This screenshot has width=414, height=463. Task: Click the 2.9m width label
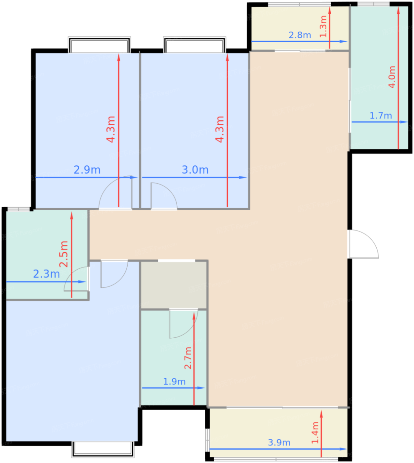(87, 170)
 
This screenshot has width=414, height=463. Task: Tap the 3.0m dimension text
(195, 170)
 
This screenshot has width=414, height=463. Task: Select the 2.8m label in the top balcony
(300, 35)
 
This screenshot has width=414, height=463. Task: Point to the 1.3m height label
(323, 26)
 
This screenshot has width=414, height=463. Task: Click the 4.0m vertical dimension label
(392, 77)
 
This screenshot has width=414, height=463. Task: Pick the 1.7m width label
(381, 116)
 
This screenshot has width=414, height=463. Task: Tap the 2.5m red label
(64, 254)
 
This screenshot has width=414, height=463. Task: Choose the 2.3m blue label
(46, 274)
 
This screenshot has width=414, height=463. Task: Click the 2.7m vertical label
(188, 358)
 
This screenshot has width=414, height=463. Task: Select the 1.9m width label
(174, 381)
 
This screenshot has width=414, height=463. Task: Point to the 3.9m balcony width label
(279, 442)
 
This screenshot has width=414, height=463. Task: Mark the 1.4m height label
(315, 433)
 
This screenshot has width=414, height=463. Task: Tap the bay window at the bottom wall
(103, 449)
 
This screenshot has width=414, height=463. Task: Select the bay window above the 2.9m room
(100, 45)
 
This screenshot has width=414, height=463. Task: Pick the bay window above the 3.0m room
(195, 45)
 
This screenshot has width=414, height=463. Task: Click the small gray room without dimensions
(174, 285)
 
